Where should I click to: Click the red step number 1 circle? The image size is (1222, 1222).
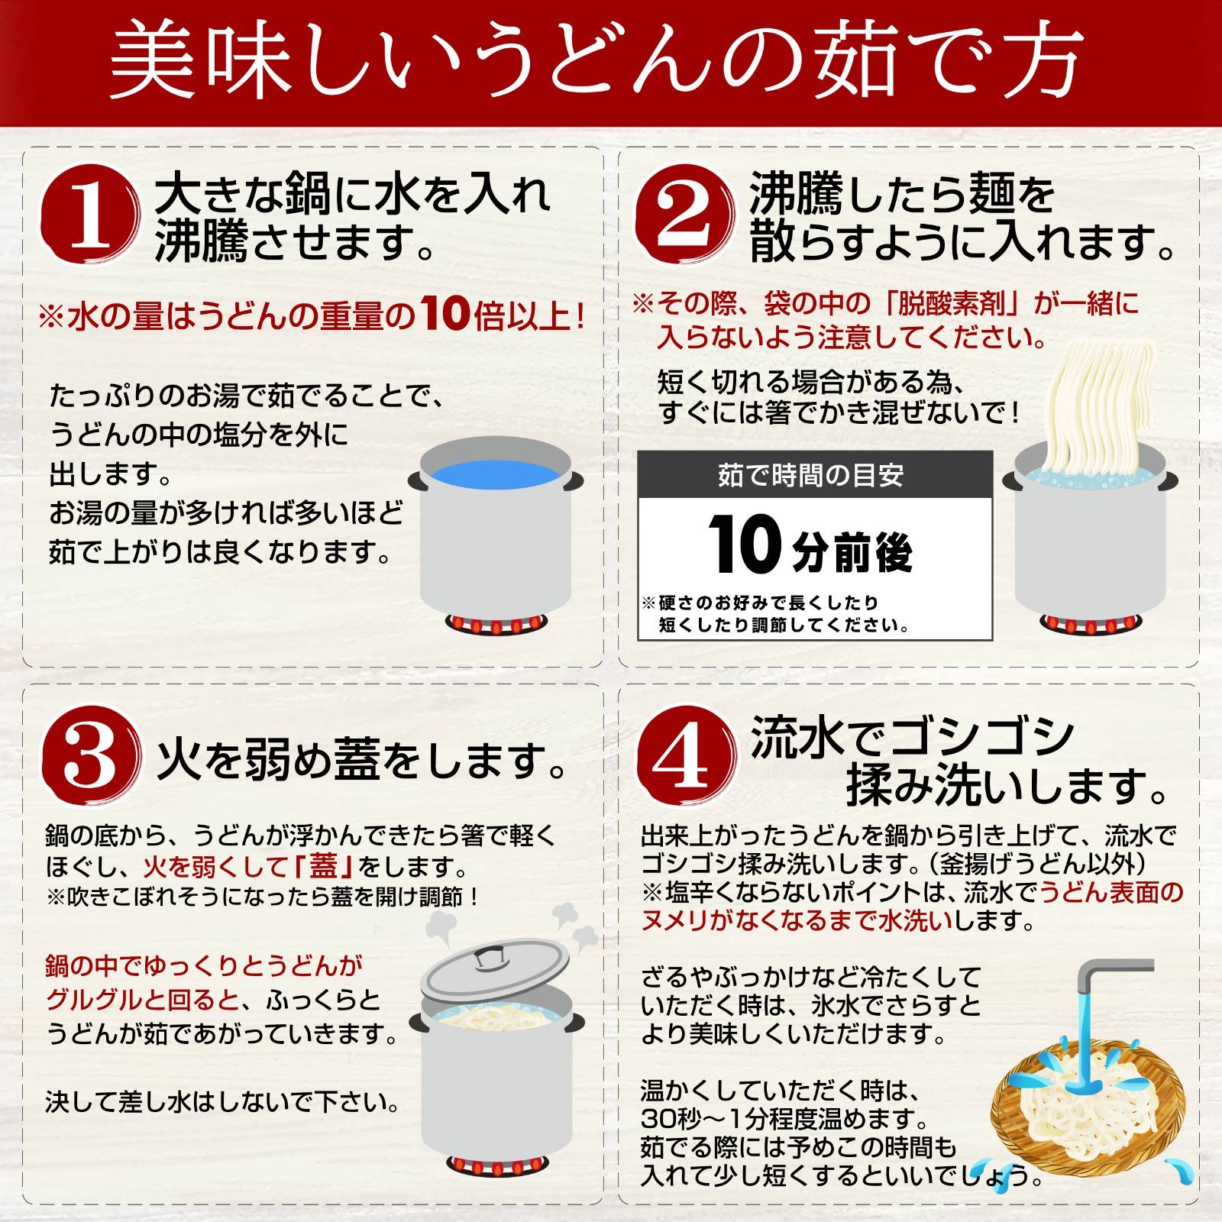91,216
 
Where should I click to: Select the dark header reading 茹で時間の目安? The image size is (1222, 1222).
815,475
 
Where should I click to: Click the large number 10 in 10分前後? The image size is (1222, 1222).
746,544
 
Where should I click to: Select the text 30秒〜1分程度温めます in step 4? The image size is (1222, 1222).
784,1120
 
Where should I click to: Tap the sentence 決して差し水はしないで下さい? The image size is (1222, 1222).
222,1102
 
